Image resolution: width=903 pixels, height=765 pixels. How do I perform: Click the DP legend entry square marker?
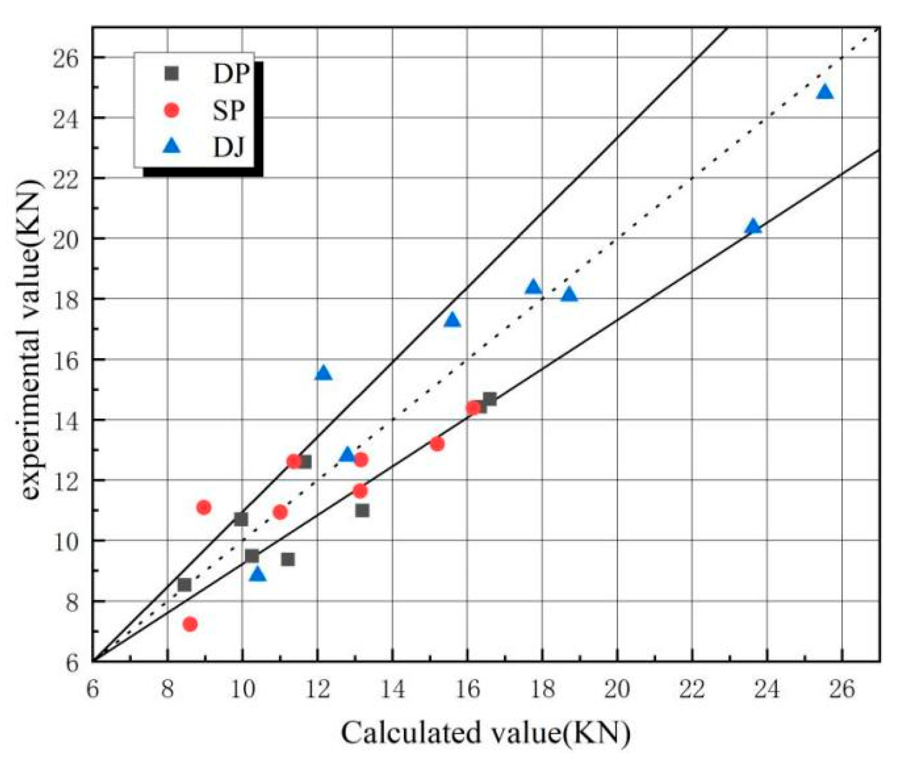click(171, 73)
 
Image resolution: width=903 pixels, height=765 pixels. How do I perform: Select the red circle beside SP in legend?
click(171, 110)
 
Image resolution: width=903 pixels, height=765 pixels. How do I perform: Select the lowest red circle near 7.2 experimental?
click(190, 624)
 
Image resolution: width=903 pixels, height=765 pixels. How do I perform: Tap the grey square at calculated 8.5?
click(184, 585)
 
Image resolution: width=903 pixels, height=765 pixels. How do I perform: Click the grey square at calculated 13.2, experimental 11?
click(362, 510)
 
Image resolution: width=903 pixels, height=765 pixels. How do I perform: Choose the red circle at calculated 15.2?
click(437, 444)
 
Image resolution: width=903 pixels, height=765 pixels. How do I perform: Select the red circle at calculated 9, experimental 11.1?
click(204, 508)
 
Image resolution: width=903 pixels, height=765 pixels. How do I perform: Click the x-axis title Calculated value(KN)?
click(485, 733)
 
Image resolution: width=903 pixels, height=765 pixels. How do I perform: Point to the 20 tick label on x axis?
click(617, 690)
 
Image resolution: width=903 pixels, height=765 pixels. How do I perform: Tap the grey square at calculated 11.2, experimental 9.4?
click(288, 559)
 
